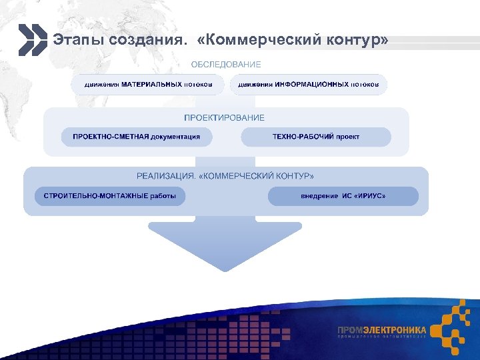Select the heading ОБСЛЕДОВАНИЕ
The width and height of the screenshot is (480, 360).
pos(226,65)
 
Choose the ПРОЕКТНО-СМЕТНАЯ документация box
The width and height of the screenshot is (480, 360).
pos(136,137)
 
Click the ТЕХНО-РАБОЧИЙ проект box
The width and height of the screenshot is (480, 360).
pos(316,137)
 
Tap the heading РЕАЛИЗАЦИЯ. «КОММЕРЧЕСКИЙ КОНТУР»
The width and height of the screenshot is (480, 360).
pos(225,176)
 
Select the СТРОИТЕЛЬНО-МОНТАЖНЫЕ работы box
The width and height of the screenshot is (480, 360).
pos(110,196)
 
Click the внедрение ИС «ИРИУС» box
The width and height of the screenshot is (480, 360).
pos(343,196)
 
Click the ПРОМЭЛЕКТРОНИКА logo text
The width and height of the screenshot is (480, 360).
pos(382,329)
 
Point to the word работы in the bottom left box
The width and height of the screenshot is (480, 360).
pos(171,196)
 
